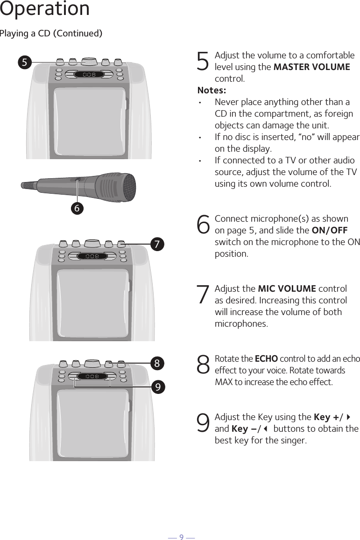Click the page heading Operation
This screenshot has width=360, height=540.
click(45, 9)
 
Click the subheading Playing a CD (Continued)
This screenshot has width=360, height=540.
click(51, 34)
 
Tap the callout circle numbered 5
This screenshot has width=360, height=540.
click(25, 62)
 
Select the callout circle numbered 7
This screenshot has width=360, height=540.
click(158, 244)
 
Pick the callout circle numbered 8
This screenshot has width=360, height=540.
click(158, 363)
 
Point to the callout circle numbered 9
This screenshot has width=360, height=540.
click(158, 386)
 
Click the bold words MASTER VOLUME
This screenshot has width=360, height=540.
click(311, 67)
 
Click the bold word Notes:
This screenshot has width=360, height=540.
click(212, 90)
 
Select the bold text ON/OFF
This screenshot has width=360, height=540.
click(329, 230)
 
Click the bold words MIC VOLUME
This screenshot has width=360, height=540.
click(287, 288)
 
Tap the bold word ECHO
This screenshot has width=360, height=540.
click(266, 358)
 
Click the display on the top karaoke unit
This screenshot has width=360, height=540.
click(89, 75)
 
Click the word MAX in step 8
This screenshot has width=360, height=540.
click(223, 382)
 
